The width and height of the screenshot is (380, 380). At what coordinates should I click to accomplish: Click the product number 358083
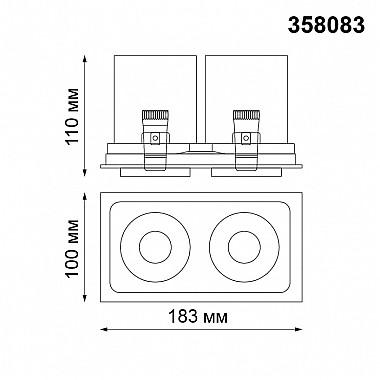tap(326, 25)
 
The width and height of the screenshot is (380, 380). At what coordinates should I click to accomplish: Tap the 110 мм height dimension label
tap(72, 116)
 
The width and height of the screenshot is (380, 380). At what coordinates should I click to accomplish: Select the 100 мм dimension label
tap(72, 248)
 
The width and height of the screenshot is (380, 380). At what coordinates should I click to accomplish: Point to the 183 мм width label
tap(198, 316)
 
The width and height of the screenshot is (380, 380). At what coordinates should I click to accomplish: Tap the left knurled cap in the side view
tap(155, 115)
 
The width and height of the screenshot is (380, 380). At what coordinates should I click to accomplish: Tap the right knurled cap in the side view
tap(246, 115)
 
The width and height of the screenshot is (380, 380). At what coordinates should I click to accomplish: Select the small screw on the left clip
tap(155, 137)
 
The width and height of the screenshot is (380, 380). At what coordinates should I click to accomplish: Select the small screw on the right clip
tap(246, 137)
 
